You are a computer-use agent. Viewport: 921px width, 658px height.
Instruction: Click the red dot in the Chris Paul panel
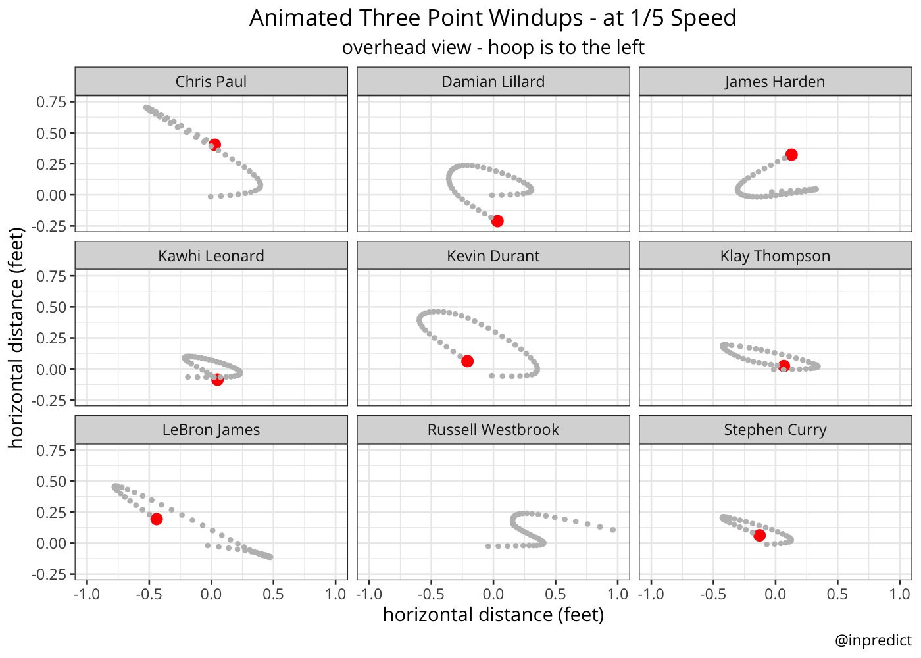coord(214,145)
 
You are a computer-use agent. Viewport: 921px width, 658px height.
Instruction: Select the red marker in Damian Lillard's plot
coord(497,221)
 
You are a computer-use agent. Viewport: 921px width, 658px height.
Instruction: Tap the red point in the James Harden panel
coord(791,155)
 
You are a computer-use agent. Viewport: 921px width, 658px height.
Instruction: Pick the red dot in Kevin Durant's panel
coord(468,361)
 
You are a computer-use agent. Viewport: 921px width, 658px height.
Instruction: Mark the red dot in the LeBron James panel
coord(157,519)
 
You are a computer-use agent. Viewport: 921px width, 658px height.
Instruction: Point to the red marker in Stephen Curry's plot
coord(760,536)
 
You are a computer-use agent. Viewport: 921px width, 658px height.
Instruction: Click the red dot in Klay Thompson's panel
coord(784,366)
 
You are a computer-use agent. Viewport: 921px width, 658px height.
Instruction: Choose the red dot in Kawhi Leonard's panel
coord(218,379)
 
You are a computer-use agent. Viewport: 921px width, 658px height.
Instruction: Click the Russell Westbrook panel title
coord(493,430)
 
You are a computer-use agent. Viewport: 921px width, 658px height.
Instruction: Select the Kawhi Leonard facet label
coord(211,256)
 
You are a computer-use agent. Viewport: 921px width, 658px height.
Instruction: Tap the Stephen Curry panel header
coord(775,430)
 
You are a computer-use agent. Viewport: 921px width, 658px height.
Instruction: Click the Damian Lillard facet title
coord(493,82)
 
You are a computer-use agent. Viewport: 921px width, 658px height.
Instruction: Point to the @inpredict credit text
coord(873,640)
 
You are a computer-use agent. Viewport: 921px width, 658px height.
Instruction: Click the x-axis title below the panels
coord(493,615)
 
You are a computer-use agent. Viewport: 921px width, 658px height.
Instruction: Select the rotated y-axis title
coord(16,338)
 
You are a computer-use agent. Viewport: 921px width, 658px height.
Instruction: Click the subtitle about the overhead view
coord(493,47)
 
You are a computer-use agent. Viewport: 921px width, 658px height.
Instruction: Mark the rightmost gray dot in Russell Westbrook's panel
coord(612,530)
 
